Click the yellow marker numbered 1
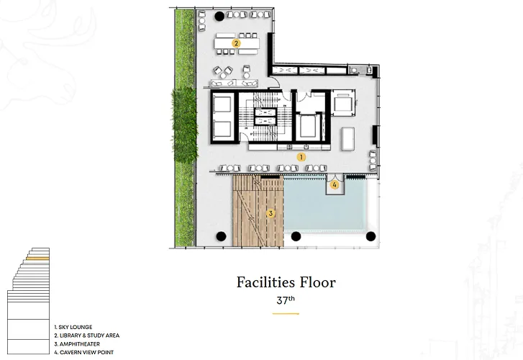click(301, 157)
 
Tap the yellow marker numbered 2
click(236, 43)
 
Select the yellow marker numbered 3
click(270, 213)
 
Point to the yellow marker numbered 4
click(335, 184)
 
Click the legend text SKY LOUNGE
click(76, 328)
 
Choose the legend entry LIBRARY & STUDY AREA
click(89, 336)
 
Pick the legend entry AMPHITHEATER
click(80, 344)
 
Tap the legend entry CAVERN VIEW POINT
click(87, 352)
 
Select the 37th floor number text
click(286, 300)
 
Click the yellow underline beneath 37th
click(286, 314)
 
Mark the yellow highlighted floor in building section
click(37, 258)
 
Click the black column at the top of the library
click(219, 16)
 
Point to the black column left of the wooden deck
click(221, 236)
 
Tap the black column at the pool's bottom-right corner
click(371, 236)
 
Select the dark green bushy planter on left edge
click(184, 125)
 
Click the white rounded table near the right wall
click(347, 139)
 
